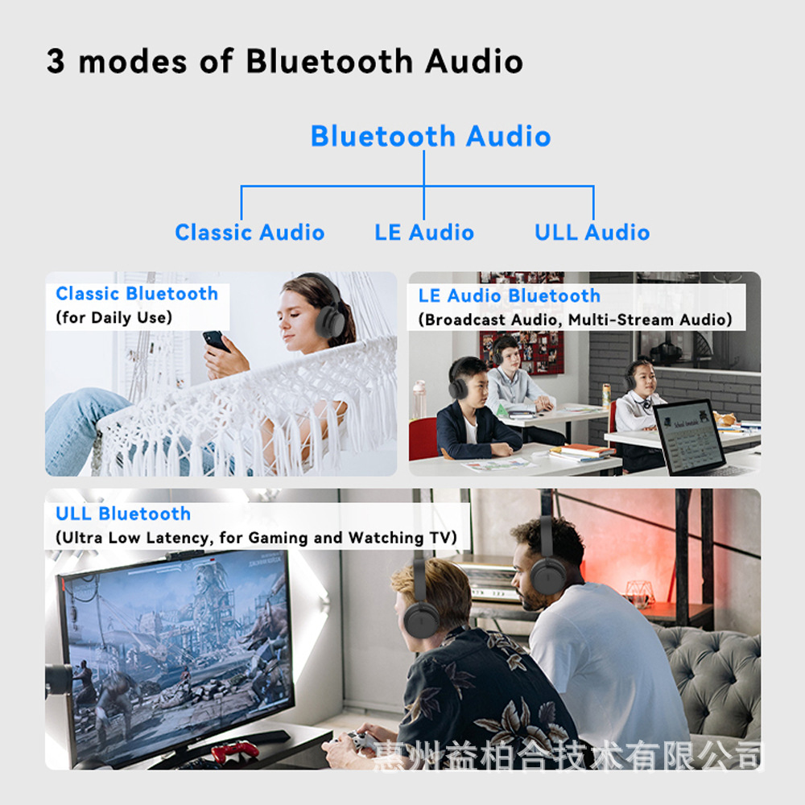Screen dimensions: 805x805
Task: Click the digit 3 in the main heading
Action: click(56, 61)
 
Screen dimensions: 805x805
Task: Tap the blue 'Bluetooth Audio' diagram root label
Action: click(431, 136)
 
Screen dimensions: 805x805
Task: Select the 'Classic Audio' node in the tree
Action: click(250, 233)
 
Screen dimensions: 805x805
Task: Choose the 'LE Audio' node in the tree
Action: click(424, 233)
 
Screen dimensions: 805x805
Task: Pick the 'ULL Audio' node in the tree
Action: click(592, 233)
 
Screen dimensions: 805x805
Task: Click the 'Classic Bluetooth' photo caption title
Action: click(137, 294)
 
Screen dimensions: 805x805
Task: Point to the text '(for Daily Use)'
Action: click(114, 317)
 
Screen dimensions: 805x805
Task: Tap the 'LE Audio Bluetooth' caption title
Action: click(510, 295)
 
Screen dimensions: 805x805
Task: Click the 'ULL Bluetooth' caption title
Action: click(123, 514)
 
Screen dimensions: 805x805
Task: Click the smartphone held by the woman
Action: click(216, 341)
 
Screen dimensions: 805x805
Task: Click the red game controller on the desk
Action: click(235, 751)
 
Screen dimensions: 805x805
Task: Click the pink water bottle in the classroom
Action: click(419, 399)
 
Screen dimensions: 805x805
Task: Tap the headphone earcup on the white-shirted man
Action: click(547, 576)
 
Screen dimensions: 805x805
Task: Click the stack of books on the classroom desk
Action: click(582, 452)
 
